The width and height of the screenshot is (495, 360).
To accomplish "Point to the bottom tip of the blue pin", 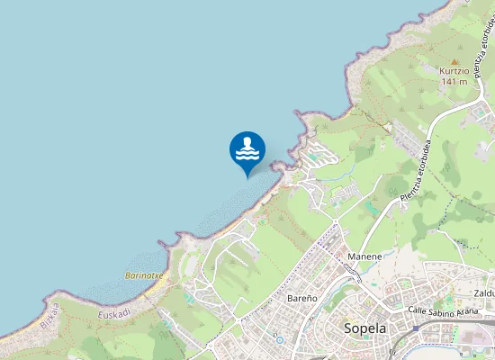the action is pos(247,177).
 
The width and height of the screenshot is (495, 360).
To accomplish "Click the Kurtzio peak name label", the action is pos(455,69).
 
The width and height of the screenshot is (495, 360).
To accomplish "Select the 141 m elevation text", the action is pos(454,81).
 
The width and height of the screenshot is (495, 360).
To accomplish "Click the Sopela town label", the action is pos(364,328).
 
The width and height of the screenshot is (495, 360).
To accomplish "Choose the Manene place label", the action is pos(364,256).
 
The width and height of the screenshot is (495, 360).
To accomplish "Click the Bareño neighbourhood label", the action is pos(301,297).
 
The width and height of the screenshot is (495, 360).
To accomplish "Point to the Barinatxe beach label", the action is pos(143,275).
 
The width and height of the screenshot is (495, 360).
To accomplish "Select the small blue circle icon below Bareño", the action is pos(280,340).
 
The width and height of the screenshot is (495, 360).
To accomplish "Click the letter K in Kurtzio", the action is pos(442,69).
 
